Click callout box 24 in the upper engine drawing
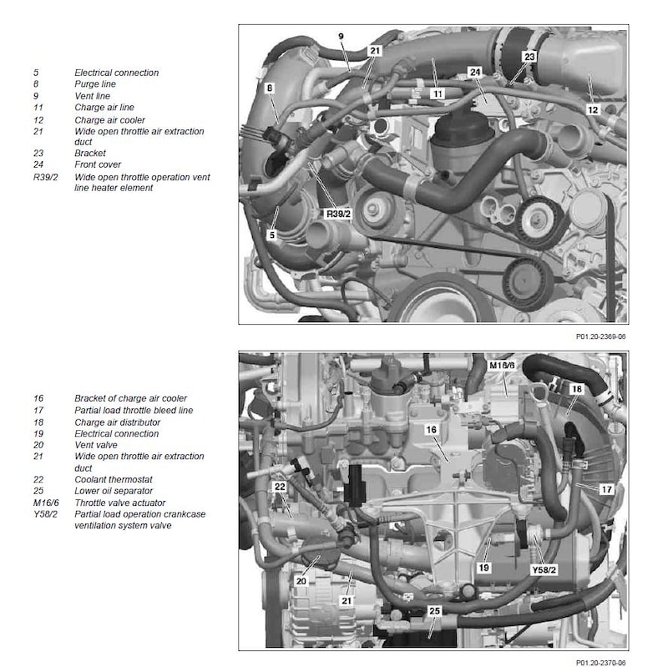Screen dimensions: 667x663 475,73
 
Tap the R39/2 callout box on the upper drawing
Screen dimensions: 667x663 338,215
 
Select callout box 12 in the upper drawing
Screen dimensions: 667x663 593,109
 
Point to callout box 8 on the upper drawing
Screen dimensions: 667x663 270,87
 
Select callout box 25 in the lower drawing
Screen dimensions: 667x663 434,611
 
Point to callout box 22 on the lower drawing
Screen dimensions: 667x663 280,488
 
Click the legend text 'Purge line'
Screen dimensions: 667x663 94,84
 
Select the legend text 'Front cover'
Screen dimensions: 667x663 98,164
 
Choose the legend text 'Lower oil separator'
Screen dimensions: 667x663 114,491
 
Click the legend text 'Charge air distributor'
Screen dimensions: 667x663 118,422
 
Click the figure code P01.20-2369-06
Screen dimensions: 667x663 599,338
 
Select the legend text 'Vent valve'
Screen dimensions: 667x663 94,445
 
